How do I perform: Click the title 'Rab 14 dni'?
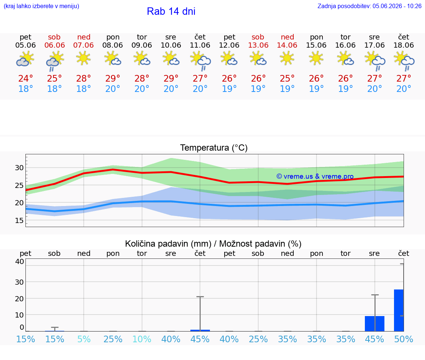[x=171, y=11]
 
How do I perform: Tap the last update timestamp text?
[x=369, y=6]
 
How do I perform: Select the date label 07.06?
[x=83, y=45]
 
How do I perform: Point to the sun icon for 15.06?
[x=316, y=59]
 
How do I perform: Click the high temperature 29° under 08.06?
[x=113, y=78]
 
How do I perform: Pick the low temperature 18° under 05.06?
[x=25, y=89]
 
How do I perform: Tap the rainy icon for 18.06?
[x=404, y=61]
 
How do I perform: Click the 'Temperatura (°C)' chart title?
[x=214, y=148]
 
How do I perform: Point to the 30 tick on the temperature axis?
[x=19, y=168]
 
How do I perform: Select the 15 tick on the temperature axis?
[x=19, y=220]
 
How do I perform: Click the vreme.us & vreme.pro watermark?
[x=315, y=176]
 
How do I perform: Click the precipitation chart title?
[x=213, y=244]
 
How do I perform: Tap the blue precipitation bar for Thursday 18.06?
[x=399, y=311]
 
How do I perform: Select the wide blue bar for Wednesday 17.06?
[x=374, y=324]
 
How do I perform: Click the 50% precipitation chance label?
[x=404, y=339]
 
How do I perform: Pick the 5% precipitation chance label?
[x=84, y=339]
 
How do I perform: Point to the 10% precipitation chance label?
[x=142, y=339]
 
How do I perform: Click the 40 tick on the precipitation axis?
[x=20, y=261]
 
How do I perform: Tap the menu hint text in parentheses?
[x=41, y=6]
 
